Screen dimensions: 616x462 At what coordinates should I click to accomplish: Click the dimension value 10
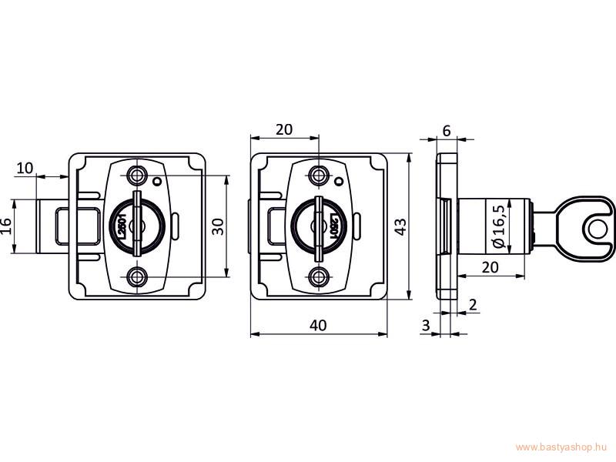(25, 168)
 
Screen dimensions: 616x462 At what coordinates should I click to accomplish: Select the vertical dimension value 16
(7, 226)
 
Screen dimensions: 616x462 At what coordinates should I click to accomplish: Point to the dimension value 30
(219, 226)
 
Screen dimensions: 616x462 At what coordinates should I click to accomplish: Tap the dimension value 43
(400, 226)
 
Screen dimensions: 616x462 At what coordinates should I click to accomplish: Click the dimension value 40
(318, 325)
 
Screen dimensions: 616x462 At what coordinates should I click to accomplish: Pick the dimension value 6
(447, 131)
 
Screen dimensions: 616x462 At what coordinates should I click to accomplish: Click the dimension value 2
(473, 304)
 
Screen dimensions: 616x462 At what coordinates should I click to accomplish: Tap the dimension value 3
(426, 325)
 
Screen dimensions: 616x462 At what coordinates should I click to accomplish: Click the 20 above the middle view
(284, 129)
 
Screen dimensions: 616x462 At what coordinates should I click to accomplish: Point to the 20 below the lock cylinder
(490, 267)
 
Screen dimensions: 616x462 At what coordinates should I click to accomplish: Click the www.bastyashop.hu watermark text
(561, 447)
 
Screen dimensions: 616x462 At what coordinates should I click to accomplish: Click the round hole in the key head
(598, 229)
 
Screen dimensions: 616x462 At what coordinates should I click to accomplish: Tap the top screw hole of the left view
(137, 176)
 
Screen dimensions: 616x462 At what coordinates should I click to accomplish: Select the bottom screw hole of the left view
(137, 277)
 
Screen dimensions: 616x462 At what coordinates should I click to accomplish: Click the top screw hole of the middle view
(319, 176)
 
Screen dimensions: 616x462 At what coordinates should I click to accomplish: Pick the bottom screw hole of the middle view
(319, 277)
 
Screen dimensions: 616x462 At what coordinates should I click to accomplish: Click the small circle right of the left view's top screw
(157, 182)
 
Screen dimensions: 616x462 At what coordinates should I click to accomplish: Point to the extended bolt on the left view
(53, 226)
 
